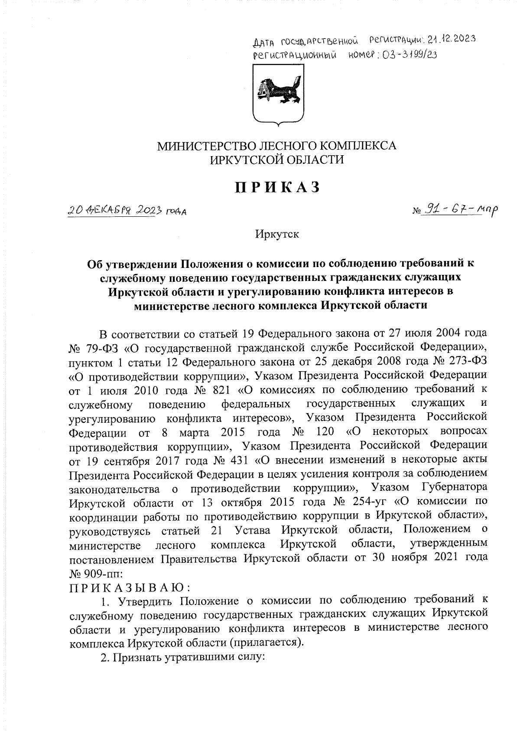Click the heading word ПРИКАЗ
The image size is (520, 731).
tap(277, 187)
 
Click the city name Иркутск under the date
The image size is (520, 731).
tap(277, 235)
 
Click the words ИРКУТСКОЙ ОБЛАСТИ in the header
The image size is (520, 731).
tap(277, 160)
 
